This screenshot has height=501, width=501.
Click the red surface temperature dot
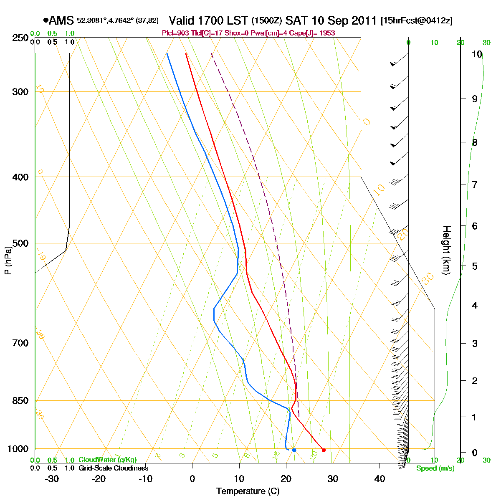click(324, 450)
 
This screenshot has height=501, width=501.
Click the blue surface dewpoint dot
click(294, 450)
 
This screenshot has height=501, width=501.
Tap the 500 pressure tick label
click(20, 243)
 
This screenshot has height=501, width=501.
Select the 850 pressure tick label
click(20, 401)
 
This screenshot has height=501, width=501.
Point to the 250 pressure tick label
click(20, 38)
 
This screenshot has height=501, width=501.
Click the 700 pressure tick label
click(20, 343)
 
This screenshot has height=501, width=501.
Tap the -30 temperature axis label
click(51, 479)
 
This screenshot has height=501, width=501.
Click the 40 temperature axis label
click(380, 479)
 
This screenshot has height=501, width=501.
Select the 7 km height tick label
click(475, 185)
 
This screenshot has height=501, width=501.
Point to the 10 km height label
click(477, 54)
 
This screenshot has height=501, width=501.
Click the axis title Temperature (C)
click(248, 491)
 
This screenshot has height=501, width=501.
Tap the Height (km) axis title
click(447, 250)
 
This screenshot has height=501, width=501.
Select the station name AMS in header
click(61, 20)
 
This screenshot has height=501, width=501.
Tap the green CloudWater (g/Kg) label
click(107, 460)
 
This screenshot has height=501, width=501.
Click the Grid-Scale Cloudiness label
click(113, 468)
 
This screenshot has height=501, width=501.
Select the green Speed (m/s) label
click(435, 468)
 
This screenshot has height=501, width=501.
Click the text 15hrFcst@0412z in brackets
click(417, 21)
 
